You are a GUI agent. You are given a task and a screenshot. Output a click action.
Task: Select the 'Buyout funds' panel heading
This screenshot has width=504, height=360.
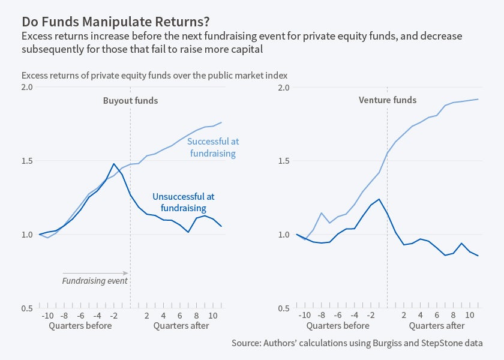pos(130,100)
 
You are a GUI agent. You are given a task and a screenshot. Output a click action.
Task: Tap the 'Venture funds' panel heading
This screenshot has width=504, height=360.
pos(387,100)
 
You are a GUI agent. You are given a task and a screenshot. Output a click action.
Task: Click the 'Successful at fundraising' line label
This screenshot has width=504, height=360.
pos(212,148)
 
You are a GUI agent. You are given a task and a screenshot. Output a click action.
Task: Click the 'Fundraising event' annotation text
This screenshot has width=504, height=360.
pos(95,280)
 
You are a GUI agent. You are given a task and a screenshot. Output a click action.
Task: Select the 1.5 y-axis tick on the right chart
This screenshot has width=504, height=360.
pos(284,161)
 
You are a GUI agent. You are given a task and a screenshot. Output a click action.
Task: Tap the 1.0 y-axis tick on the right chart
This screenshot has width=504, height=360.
pos(284,235)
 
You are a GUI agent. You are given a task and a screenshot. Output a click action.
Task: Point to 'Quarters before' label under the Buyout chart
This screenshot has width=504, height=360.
pos(80,326)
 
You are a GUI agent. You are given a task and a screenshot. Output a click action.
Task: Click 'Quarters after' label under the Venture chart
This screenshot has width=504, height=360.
pos(437,326)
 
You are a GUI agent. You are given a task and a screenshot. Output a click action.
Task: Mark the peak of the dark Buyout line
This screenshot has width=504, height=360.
pos(113,163)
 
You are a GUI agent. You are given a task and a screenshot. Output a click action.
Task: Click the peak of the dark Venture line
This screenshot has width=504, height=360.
pos(379,199)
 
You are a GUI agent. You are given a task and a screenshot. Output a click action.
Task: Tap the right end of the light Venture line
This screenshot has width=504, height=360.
pos(478,99)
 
